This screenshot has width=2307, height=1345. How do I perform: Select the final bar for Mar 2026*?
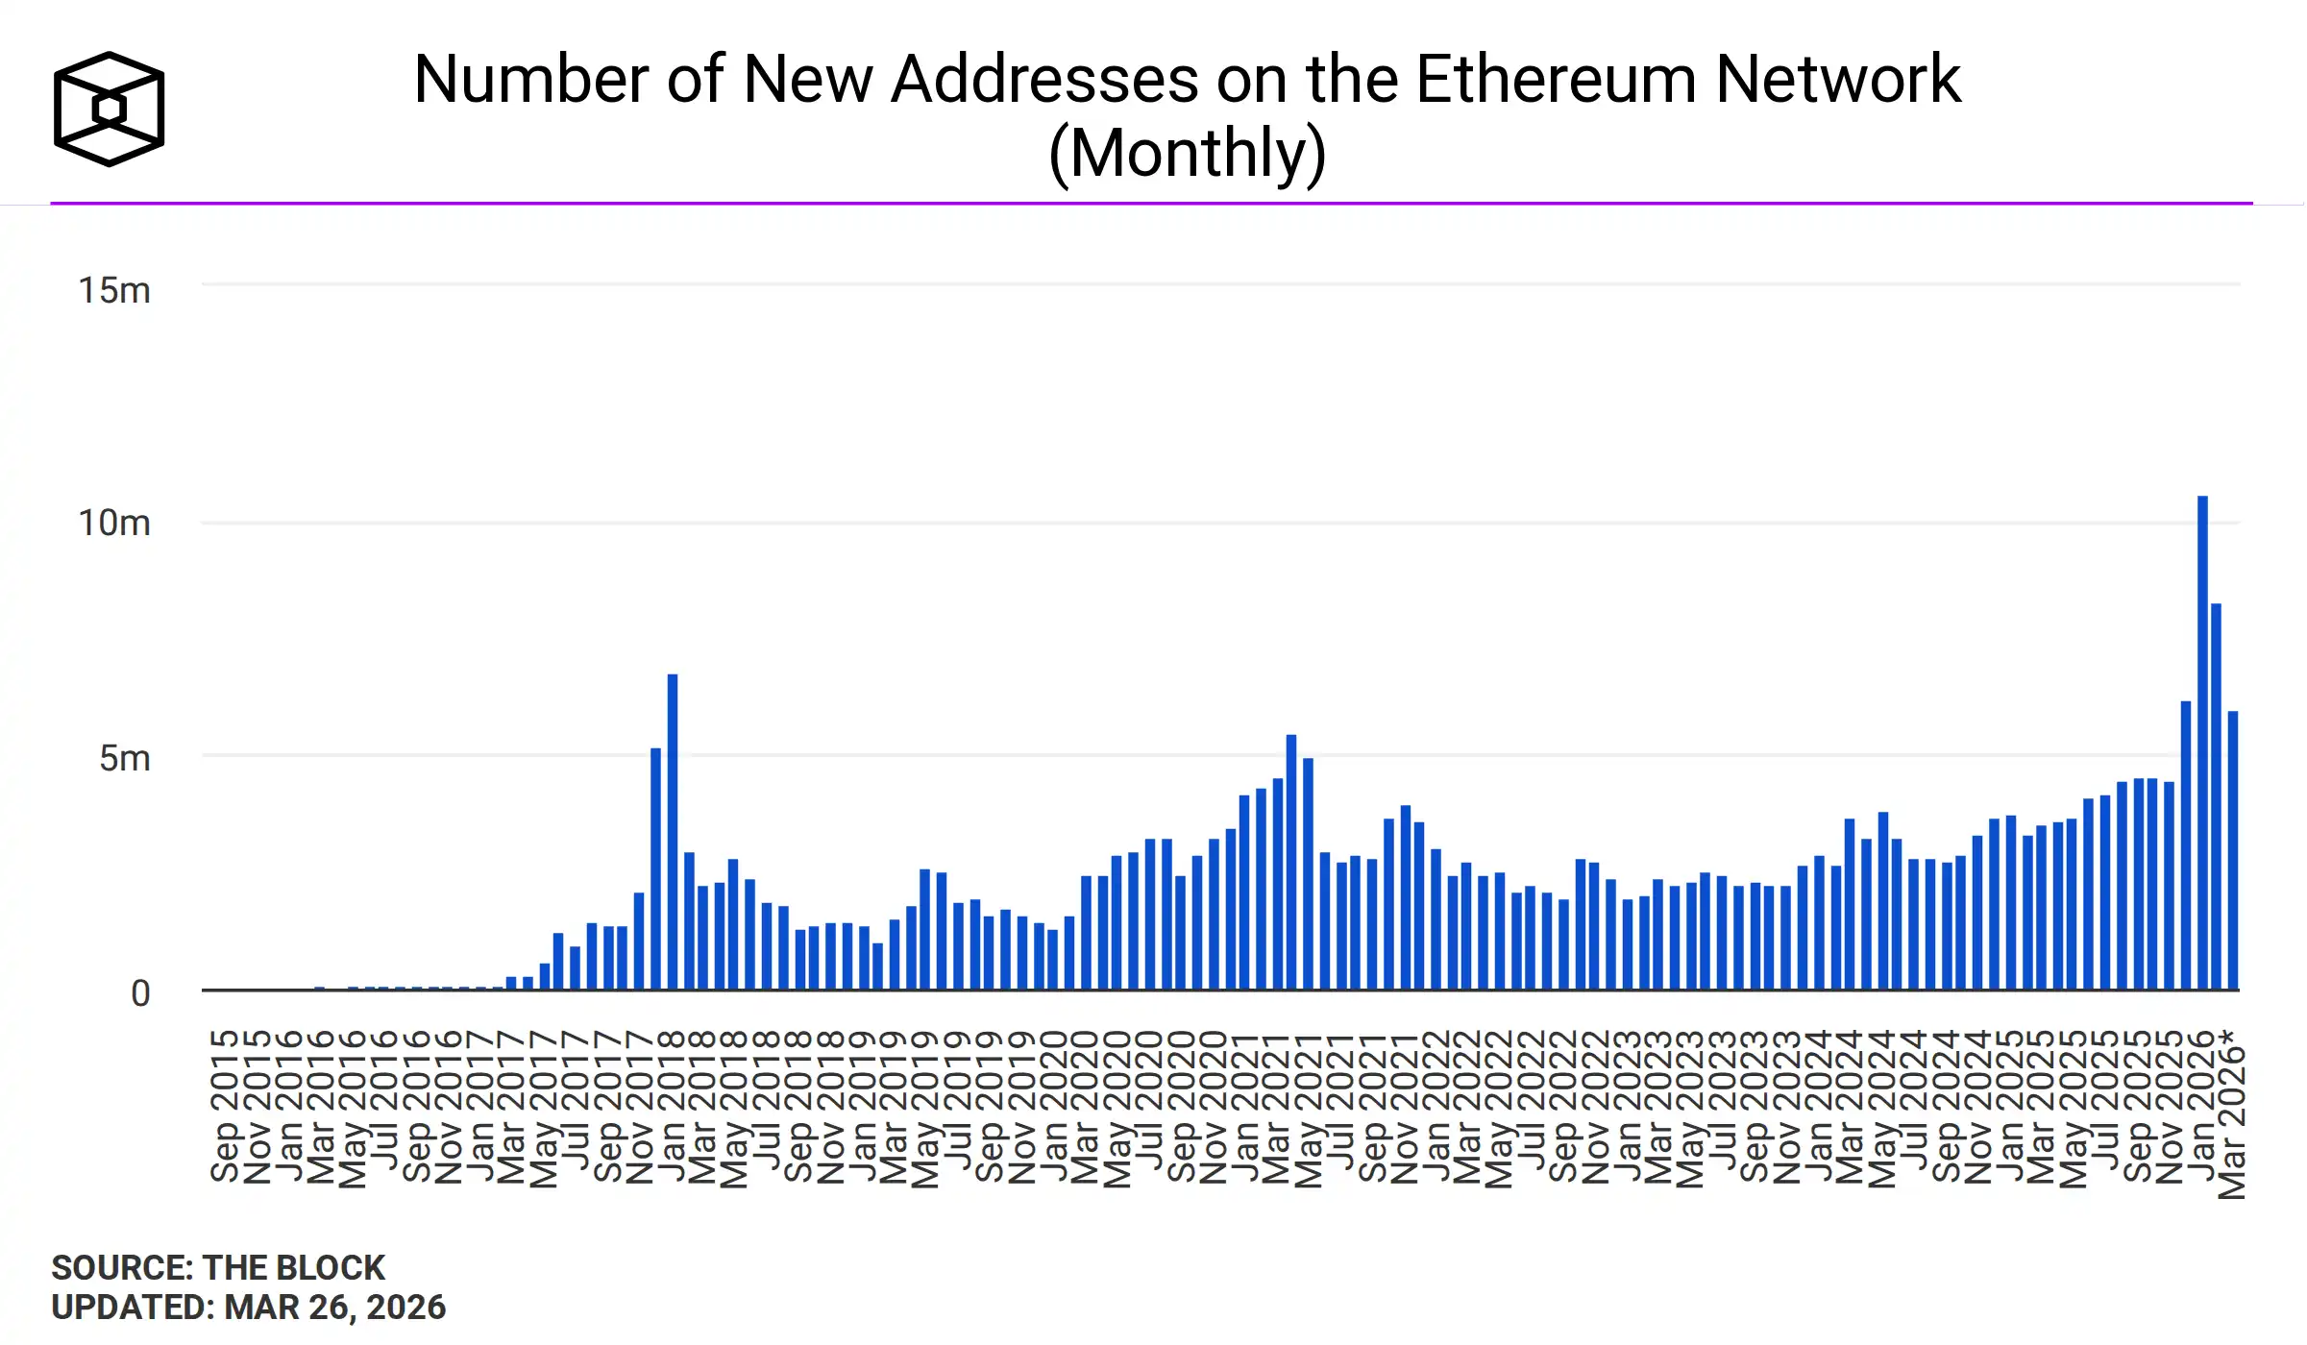(x=2234, y=849)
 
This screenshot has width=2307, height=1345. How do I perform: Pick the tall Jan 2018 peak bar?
(x=673, y=831)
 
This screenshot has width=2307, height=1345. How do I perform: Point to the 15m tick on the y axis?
(x=114, y=290)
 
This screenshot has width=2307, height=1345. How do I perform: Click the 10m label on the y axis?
(x=114, y=524)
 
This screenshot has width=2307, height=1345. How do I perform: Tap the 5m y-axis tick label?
(x=125, y=758)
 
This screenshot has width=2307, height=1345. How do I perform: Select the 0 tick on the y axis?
(x=140, y=993)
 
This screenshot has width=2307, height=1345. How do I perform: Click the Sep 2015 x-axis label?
(x=225, y=1106)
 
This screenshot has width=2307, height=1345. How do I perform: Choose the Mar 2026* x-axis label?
(x=2233, y=1114)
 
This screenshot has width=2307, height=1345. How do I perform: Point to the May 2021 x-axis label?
(x=1308, y=1110)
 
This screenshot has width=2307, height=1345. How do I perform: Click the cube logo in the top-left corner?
(x=109, y=109)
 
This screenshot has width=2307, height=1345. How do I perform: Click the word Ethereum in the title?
(x=1556, y=79)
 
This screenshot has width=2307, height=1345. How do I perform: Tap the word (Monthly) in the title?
(x=1188, y=153)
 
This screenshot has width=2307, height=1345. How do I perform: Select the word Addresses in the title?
(x=1044, y=79)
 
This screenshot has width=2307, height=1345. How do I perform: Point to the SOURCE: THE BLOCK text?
(x=218, y=1268)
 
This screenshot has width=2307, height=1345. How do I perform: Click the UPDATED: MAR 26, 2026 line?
(x=248, y=1308)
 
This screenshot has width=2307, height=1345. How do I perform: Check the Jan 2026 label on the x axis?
(x=2200, y=1106)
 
